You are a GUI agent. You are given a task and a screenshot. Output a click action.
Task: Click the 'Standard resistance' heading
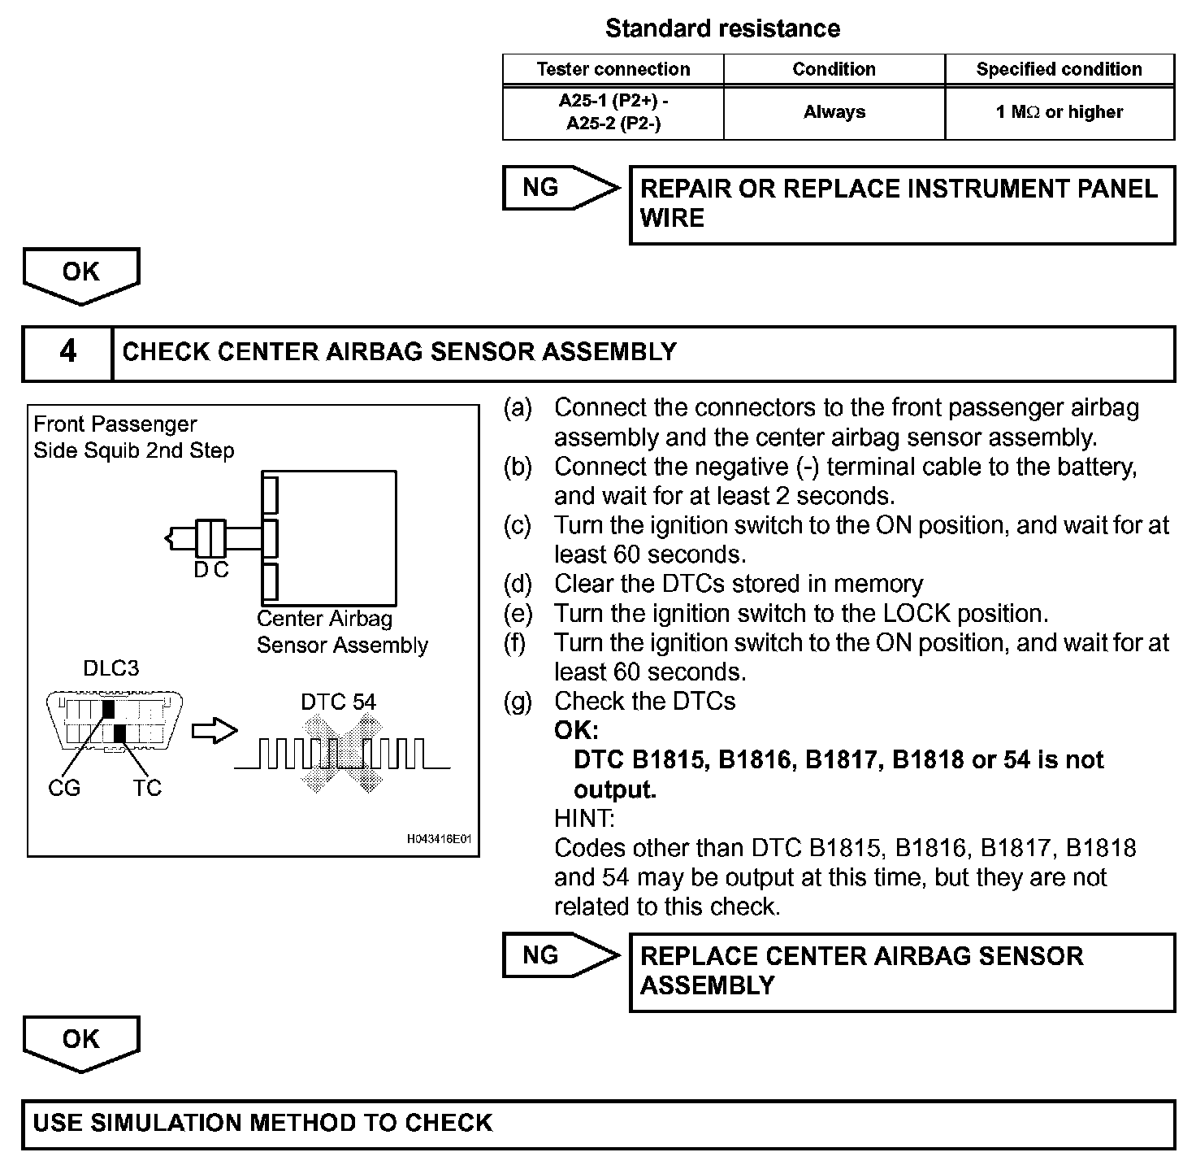tap(722, 28)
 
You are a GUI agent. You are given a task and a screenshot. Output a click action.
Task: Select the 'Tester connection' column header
tap(613, 69)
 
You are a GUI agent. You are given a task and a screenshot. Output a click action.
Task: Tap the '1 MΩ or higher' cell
tap(1059, 112)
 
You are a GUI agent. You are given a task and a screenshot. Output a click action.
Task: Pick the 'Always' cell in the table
tap(834, 112)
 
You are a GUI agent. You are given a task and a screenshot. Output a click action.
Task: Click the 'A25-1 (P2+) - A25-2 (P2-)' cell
tap(613, 112)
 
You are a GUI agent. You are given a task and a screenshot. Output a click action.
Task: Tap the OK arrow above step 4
tap(80, 274)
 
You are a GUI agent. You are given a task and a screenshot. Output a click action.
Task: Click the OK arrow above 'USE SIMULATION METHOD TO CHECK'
tap(80, 1041)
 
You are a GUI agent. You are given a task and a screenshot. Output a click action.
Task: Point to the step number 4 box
tap(67, 352)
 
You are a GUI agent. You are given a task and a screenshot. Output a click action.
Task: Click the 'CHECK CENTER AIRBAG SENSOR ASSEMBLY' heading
tap(399, 352)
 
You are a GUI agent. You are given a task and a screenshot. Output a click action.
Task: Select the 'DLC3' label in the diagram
tap(111, 668)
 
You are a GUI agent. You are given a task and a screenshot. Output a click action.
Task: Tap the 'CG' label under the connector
tap(64, 788)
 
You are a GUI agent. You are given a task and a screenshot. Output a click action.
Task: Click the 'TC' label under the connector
tap(148, 788)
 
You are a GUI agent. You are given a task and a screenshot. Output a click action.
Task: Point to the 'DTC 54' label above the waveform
tap(338, 702)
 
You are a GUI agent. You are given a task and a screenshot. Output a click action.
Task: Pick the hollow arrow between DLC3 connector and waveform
tap(214, 731)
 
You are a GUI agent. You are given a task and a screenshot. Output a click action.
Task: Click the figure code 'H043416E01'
tap(439, 839)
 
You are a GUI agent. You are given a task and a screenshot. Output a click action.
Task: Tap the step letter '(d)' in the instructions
tap(518, 584)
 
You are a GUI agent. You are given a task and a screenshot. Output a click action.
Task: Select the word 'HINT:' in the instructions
tap(584, 818)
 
